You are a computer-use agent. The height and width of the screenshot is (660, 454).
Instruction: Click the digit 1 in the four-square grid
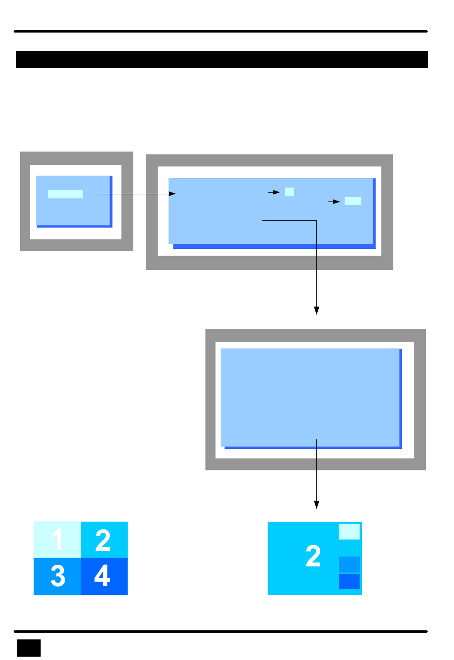(57, 539)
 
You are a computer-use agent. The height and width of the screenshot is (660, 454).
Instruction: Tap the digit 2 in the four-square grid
(103, 540)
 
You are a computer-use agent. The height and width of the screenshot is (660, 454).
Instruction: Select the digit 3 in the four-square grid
(58, 576)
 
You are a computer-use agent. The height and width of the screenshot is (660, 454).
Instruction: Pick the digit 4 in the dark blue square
(102, 576)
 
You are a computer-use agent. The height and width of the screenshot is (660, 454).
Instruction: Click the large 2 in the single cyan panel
(313, 556)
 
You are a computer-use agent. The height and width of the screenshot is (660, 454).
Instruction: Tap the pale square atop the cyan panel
(349, 532)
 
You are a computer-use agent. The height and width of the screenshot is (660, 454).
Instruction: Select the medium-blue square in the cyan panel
(349, 564)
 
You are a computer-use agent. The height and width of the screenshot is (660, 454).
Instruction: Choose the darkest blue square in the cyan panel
(349, 582)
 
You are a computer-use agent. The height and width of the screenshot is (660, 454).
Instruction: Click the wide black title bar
(222, 59)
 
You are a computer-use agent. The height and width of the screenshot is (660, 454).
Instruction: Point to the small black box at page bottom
(29, 648)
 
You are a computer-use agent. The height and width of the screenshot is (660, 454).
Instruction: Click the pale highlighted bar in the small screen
(65, 194)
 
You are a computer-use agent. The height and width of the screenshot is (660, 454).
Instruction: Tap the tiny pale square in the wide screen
(289, 192)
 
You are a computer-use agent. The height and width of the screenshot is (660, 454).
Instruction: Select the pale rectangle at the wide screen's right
(353, 201)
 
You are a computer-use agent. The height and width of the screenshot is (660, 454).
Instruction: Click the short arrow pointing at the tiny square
(274, 192)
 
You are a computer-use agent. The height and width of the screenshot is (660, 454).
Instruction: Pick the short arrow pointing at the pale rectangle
(334, 202)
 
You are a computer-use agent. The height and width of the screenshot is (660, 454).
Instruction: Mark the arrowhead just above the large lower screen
(316, 311)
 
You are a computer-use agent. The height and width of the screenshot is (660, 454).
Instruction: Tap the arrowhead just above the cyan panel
(316, 505)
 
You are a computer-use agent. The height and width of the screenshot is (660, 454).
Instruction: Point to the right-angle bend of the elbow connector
(316, 221)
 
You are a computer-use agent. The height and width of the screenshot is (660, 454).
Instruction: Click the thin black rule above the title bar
(220, 32)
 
